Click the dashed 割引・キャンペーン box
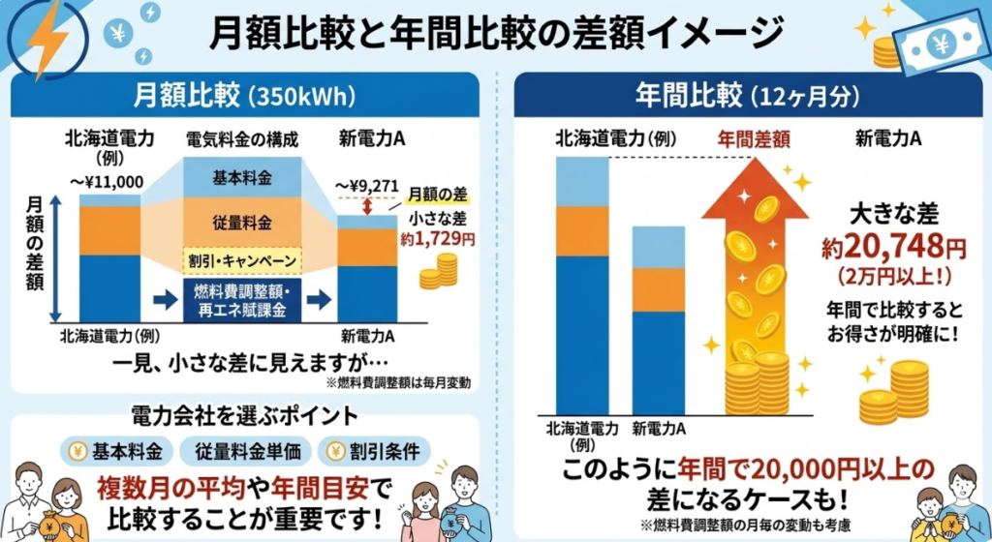(242, 262)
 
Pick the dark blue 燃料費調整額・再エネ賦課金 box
(242, 300)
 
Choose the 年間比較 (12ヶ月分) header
(746, 97)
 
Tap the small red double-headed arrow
(367, 205)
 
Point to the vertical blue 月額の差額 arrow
(57, 256)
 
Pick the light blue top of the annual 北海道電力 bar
(582, 182)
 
